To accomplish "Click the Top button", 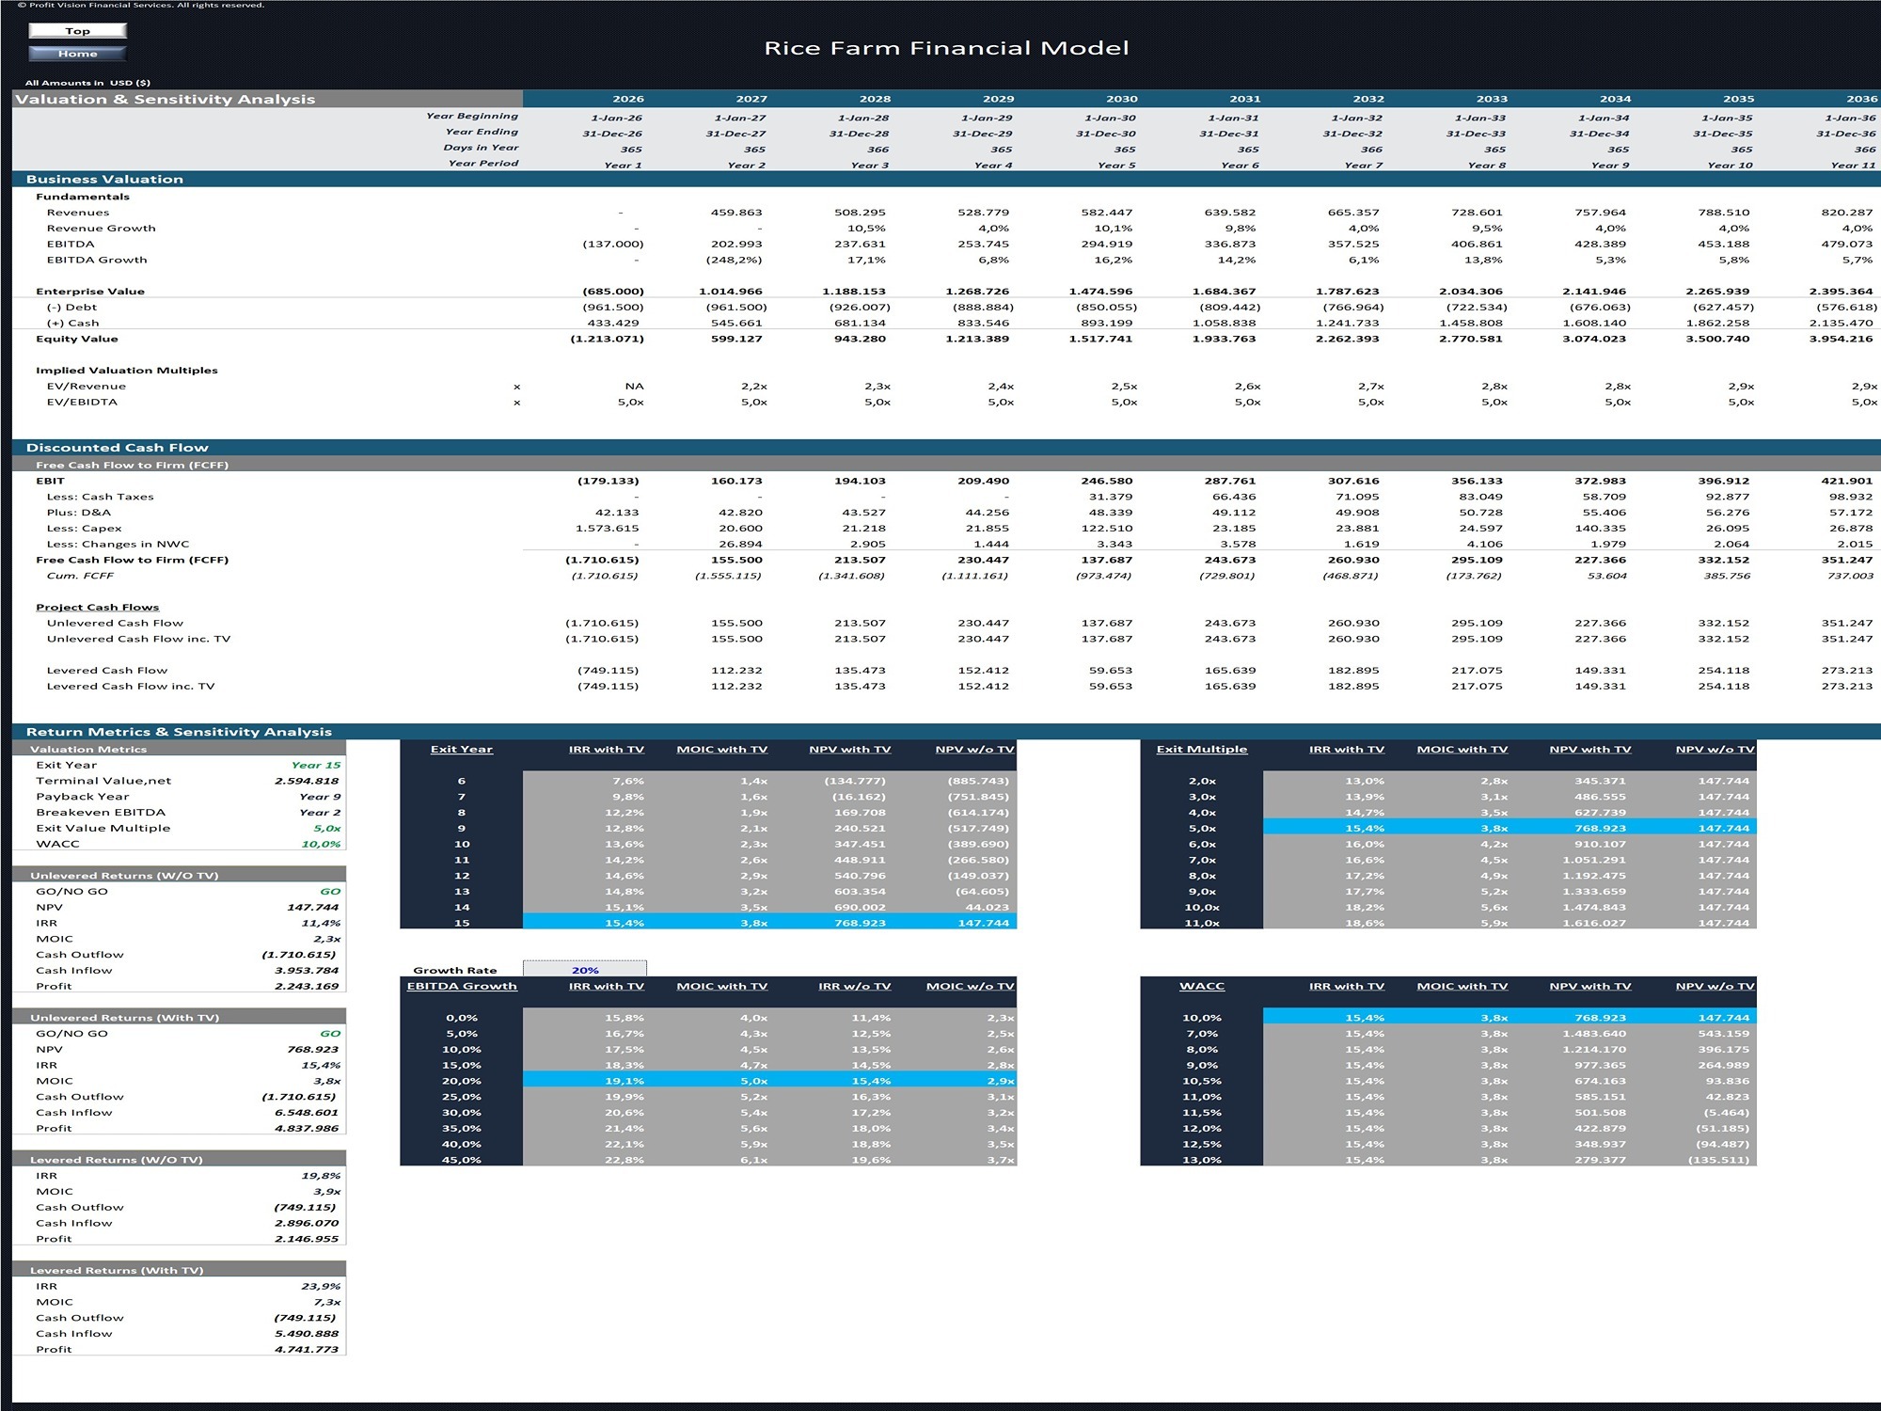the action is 77,31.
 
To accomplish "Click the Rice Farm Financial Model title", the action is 946,48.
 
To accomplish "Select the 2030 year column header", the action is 1121,99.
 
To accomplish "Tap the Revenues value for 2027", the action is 736,213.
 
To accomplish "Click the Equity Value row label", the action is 77,339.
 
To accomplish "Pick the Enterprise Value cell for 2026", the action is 613,292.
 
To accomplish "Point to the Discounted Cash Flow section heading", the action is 118,448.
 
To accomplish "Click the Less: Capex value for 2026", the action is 608,529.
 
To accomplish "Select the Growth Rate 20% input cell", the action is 585,970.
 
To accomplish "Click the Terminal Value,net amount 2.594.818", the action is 307,781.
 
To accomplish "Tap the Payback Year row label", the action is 83,797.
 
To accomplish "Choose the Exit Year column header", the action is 462,750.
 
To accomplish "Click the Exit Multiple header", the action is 1202,750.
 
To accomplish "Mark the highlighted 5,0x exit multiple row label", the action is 1202,829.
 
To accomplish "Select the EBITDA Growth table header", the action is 462,986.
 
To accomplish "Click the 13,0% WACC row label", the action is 1202,1160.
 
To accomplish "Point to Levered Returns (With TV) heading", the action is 117,1271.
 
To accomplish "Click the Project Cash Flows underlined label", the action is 98,608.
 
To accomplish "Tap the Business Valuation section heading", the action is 104,179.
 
